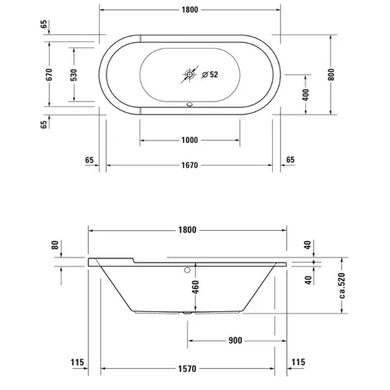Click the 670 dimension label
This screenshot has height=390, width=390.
point(49,75)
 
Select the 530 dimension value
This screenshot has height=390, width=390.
point(74,75)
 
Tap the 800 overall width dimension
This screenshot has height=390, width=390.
point(331,75)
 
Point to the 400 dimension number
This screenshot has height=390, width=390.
point(305,94)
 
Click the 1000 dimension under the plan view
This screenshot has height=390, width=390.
point(189,140)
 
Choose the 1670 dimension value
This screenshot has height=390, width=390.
point(189,165)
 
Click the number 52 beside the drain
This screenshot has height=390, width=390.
point(214,74)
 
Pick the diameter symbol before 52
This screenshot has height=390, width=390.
point(205,75)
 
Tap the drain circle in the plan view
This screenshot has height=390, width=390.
point(189,74)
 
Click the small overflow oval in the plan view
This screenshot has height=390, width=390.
point(189,104)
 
